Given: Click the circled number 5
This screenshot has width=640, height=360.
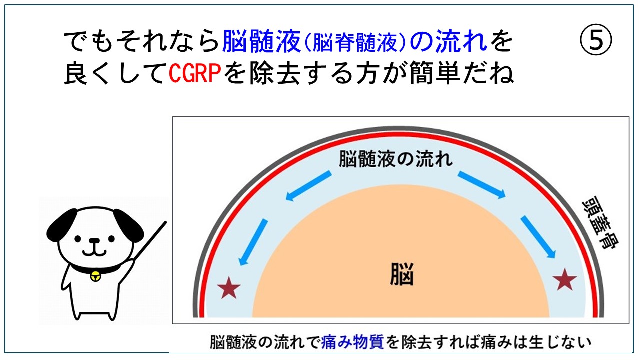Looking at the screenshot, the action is click(x=596, y=40).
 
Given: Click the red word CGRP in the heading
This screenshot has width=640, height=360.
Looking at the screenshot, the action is click(x=195, y=73).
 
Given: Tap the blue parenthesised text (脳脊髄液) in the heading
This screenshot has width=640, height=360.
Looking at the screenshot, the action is click(x=355, y=42).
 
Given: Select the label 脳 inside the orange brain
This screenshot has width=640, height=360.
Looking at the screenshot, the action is click(x=402, y=274).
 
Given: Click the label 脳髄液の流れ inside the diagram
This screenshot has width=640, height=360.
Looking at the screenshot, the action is click(x=396, y=159).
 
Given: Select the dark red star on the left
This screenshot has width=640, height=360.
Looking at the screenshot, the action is click(x=229, y=288).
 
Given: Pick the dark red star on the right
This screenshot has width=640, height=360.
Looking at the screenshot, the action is click(x=565, y=279).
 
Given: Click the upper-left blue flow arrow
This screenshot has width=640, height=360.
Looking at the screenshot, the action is click(x=308, y=186).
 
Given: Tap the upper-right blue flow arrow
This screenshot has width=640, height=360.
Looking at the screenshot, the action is click(x=482, y=185).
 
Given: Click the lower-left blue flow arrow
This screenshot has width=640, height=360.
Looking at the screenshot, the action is click(x=253, y=242).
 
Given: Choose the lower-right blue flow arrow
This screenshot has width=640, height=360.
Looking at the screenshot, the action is click(x=538, y=237).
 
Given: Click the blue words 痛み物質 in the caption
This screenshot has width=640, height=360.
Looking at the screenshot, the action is click(x=352, y=342).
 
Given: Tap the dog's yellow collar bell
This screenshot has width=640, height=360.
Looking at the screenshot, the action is click(x=95, y=276).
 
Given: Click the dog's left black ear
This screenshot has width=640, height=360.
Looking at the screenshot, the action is click(x=61, y=225).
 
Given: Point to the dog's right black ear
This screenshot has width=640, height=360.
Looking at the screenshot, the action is click(x=129, y=225).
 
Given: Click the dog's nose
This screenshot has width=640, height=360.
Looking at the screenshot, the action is click(x=95, y=241).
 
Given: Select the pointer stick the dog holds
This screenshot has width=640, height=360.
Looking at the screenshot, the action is click(x=149, y=240).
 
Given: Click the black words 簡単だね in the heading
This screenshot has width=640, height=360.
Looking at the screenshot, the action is click(x=462, y=73).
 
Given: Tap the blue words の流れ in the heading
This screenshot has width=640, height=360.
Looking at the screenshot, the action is click(x=449, y=42).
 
